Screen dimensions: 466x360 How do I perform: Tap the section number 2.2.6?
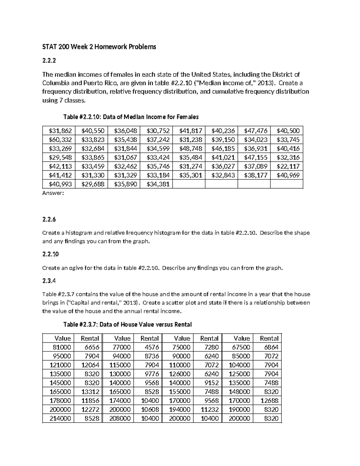pyautogui.click(x=49, y=219)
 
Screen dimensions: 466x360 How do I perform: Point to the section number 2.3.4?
pyautogui.click(x=49, y=281)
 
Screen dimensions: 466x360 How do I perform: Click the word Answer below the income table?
pyautogui.click(x=53, y=194)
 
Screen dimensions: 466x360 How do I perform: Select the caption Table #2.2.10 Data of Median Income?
pyautogui.click(x=131, y=117)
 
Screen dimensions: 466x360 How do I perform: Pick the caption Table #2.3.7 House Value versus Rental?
pyautogui.click(x=127, y=324)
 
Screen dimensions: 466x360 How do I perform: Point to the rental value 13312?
pyautogui.click(x=90, y=392)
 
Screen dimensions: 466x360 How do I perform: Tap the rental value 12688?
pyautogui.click(x=269, y=401)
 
